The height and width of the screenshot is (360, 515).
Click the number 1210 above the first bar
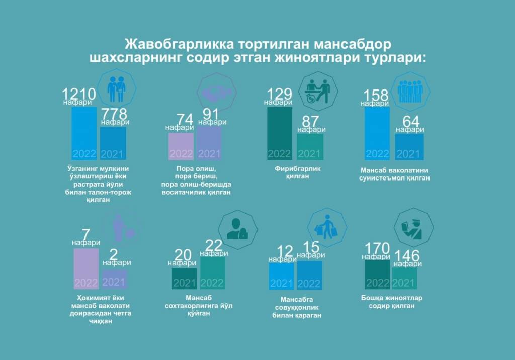(x=78, y=94)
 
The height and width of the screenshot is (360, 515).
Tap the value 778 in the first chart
(x=114, y=114)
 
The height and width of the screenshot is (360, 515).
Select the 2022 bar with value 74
(x=181, y=146)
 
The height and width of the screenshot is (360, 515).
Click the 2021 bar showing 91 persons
(x=209, y=143)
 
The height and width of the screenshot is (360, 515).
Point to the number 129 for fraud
(x=280, y=94)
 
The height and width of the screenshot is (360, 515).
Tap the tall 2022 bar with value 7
(x=86, y=269)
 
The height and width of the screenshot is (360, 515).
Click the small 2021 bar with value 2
(x=114, y=279)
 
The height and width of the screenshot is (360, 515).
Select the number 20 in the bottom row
(x=183, y=255)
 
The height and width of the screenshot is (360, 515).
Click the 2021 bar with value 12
(x=282, y=276)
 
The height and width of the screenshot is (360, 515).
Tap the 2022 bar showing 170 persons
(x=378, y=275)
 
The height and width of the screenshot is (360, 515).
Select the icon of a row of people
(x=410, y=90)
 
